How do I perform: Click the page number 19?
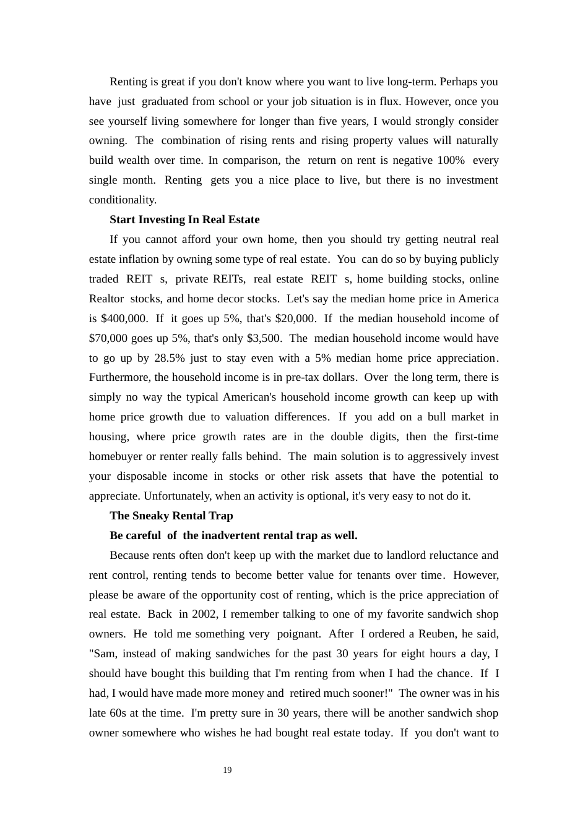point(227,770)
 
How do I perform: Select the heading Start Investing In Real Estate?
point(184,219)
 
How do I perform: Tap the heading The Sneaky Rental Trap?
point(171,516)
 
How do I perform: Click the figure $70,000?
point(108,338)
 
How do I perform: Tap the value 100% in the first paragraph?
point(451,160)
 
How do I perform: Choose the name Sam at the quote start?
point(103,654)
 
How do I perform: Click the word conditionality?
point(123,200)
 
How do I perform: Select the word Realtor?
point(106,299)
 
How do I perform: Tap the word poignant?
point(298,634)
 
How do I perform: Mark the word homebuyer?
point(115,456)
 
